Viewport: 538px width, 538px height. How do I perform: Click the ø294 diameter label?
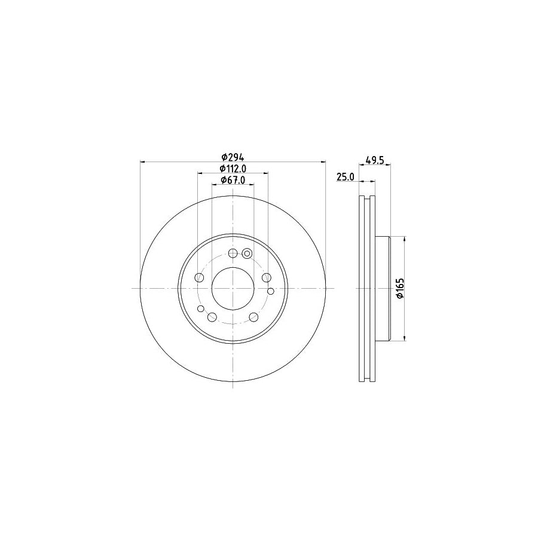click(x=232, y=157)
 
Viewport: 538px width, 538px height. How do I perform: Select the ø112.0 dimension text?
click(x=232, y=169)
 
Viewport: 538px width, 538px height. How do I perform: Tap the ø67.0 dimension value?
click(x=232, y=180)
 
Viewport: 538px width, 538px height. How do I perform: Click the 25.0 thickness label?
click(x=346, y=178)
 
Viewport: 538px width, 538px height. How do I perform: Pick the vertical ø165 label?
click(x=401, y=289)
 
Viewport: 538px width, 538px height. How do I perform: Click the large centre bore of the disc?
click(x=233, y=289)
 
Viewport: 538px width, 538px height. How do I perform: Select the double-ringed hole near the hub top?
click(x=246, y=253)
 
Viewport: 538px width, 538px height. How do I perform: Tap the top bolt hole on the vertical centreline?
click(x=233, y=253)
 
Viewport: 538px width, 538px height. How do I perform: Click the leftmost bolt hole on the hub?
click(x=198, y=277)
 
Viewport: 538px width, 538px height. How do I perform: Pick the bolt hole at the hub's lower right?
click(x=253, y=317)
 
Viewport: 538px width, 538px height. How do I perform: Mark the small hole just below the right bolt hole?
click(x=270, y=291)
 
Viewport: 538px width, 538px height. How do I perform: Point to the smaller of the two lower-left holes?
click(x=201, y=309)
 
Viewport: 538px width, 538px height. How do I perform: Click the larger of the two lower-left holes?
click(x=212, y=317)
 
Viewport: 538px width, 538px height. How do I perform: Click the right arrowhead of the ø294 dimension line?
click(x=324, y=161)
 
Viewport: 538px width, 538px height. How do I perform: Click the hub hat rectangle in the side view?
click(x=383, y=289)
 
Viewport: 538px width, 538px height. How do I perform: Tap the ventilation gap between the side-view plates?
click(x=366, y=289)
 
